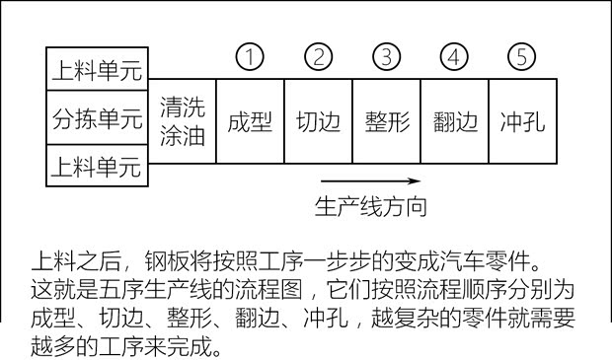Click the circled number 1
pos(251,57)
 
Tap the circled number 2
pos(318,57)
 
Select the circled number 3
pos(387,57)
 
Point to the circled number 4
pos(454,57)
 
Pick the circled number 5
pos(522,57)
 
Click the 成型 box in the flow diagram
pos(250,121)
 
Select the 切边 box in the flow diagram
pos(318,121)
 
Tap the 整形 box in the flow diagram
pos(386,121)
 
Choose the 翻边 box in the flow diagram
pos(454,121)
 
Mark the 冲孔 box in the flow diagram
pos(522,121)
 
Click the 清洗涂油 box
pos(182,121)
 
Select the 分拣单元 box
pos(97,118)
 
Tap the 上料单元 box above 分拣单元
pos(97,70)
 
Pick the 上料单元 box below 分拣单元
pos(97,167)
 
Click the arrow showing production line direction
pos(370,180)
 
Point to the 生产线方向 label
pos(370,207)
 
